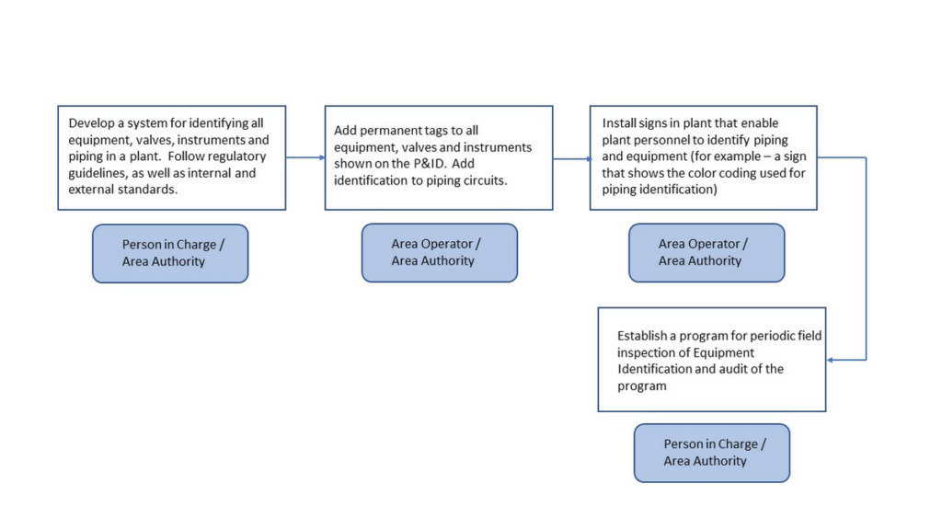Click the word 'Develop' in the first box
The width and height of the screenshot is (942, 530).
click(x=91, y=123)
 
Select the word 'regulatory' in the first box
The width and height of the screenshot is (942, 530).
click(x=237, y=156)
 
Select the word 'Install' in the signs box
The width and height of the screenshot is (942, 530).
click(x=619, y=123)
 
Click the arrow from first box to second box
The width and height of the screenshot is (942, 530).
click(x=305, y=157)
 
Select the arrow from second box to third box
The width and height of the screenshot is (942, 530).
click(x=572, y=159)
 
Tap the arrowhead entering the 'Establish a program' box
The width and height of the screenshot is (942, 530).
click(x=830, y=360)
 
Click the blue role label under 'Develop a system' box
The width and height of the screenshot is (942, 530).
click(x=170, y=254)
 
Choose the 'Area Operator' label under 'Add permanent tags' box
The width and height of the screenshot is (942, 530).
click(x=440, y=253)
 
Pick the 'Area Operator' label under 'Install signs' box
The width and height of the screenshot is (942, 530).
click(x=706, y=253)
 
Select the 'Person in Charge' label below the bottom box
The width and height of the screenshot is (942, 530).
click(x=712, y=453)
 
